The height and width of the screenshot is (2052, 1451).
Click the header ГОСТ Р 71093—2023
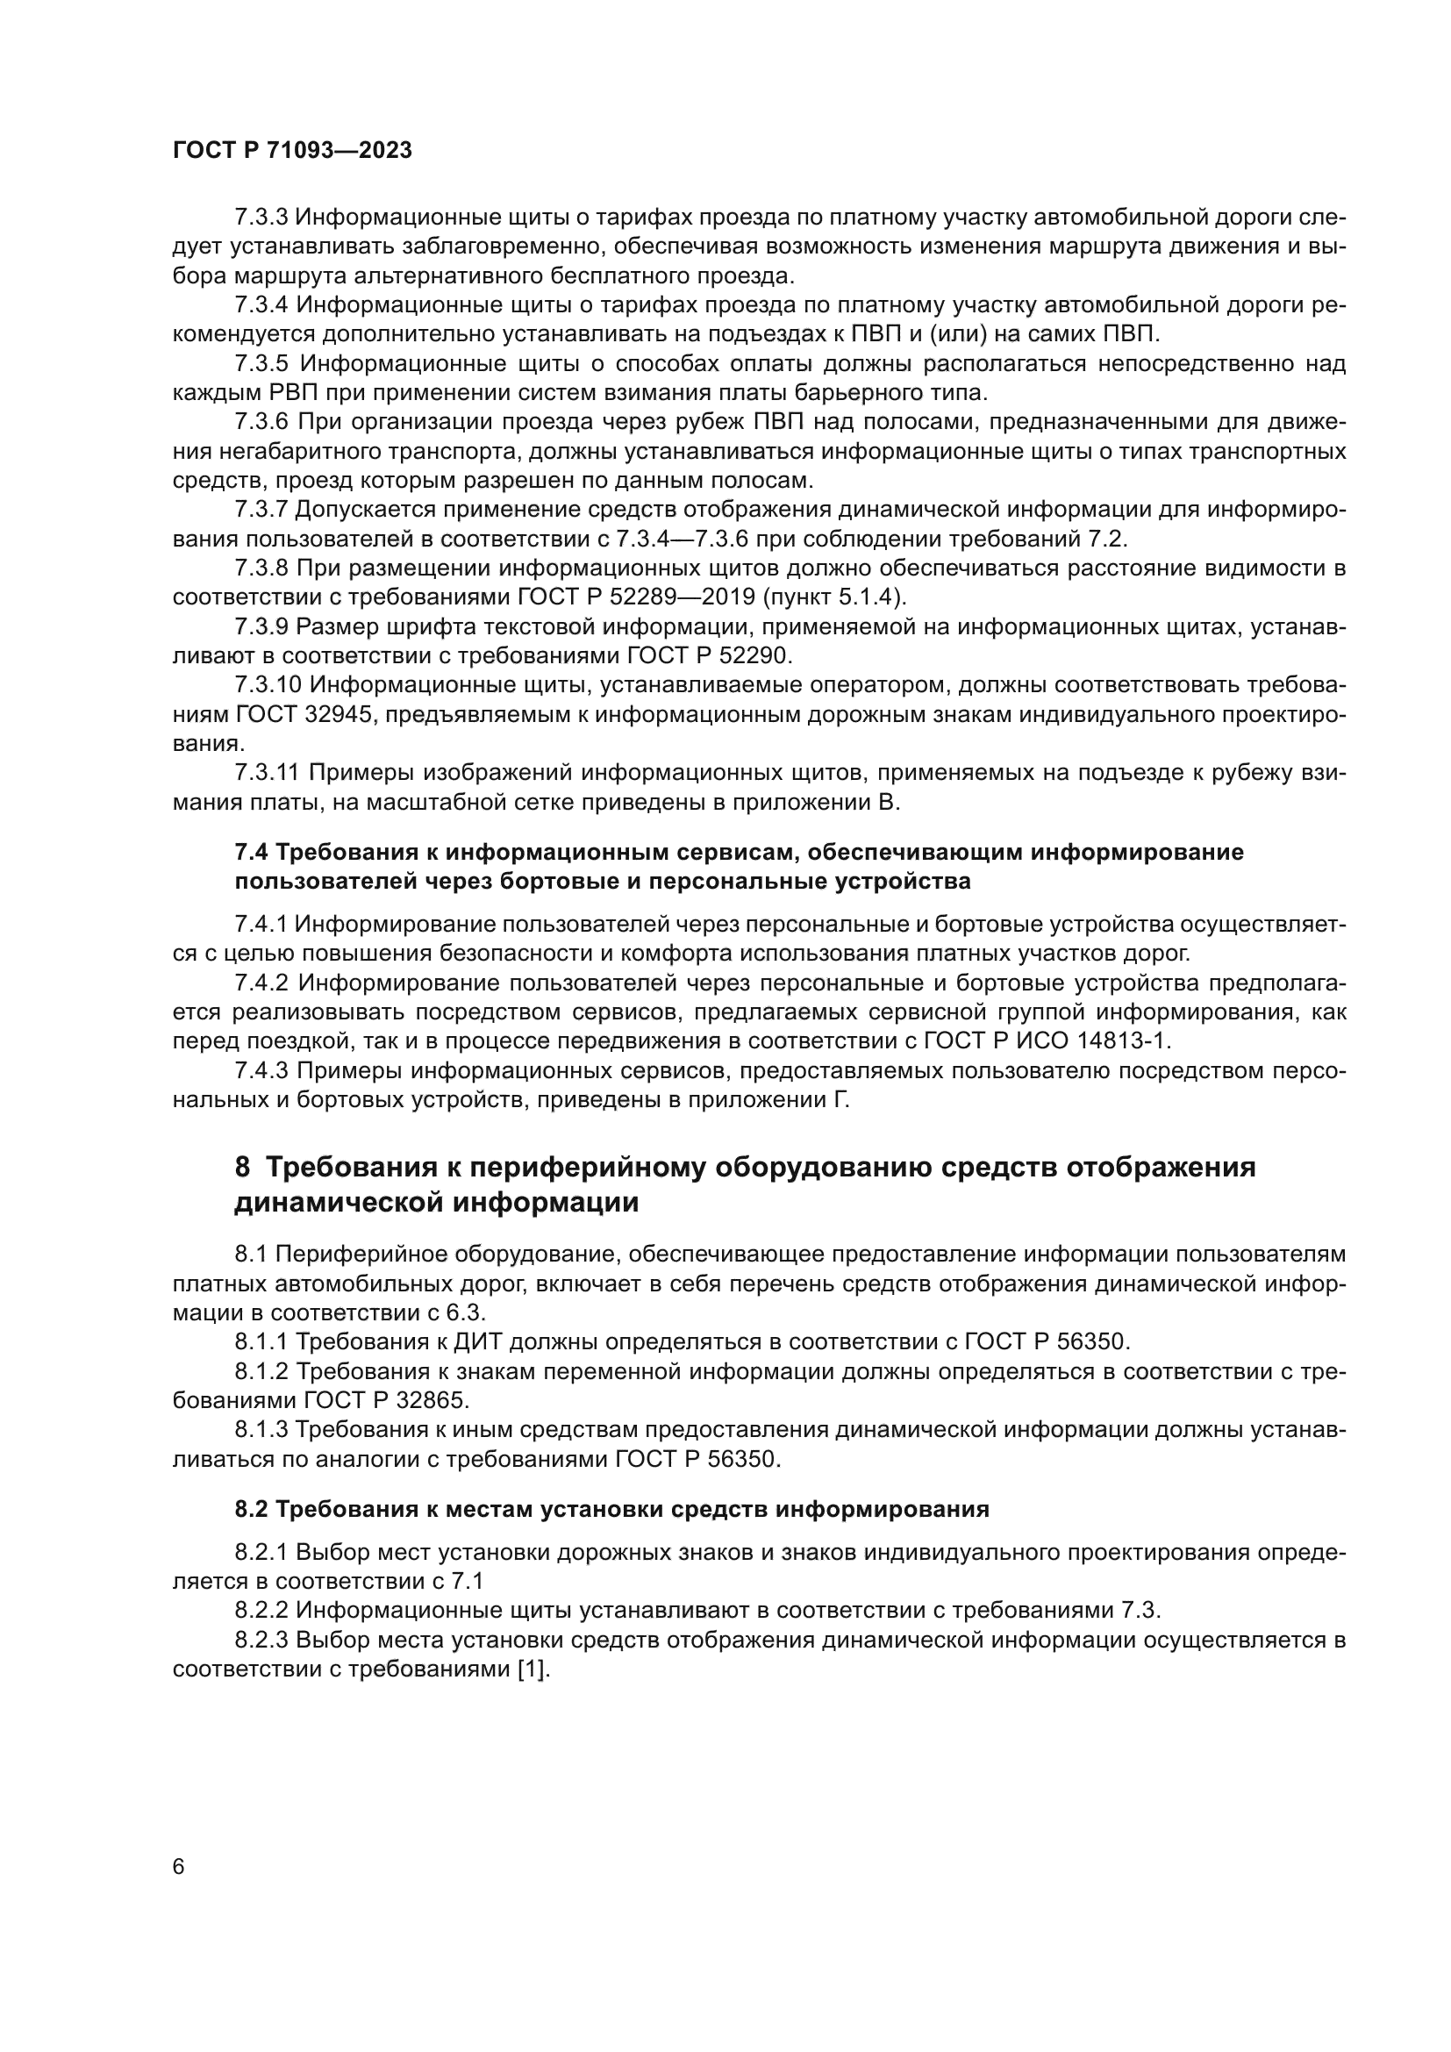pos(292,150)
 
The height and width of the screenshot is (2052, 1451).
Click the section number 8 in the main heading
pos(242,1167)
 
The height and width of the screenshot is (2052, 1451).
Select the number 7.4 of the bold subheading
pos(251,852)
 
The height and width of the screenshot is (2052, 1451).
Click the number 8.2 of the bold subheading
pos(251,1510)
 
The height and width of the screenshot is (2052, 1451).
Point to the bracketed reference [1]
pos(533,1669)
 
